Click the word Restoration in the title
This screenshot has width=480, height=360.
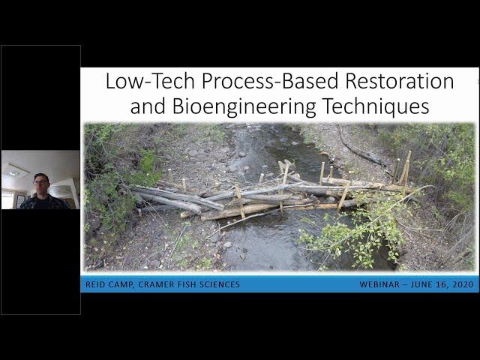point(400,81)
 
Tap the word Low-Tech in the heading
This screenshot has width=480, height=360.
point(150,81)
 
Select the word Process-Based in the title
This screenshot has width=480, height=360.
point(270,81)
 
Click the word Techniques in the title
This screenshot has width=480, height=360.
point(376,106)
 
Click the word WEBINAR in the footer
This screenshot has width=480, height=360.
point(379,285)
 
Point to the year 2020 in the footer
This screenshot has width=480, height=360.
point(463,285)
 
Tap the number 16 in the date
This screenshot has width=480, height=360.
point(441,285)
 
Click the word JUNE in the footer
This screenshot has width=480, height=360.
point(421,285)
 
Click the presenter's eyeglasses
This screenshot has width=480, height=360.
point(41,182)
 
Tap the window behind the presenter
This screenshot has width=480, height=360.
point(7,199)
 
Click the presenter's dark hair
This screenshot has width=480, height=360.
point(41,177)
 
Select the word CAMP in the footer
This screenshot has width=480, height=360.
point(121,285)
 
